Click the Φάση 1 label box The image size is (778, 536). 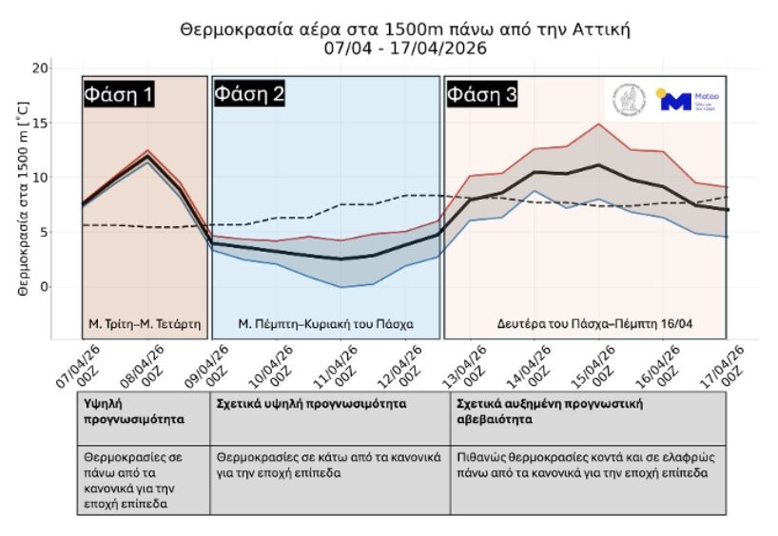(118, 95)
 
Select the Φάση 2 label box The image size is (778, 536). (249, 94)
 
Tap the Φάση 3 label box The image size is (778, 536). (482, 95)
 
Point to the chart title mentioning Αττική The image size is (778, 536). (405, 30)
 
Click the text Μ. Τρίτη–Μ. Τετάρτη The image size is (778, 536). (146, 323)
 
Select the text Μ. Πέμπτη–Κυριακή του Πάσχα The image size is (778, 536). (325, 323)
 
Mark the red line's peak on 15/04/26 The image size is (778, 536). (598, 124)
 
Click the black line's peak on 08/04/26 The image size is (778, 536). (146, 158)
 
